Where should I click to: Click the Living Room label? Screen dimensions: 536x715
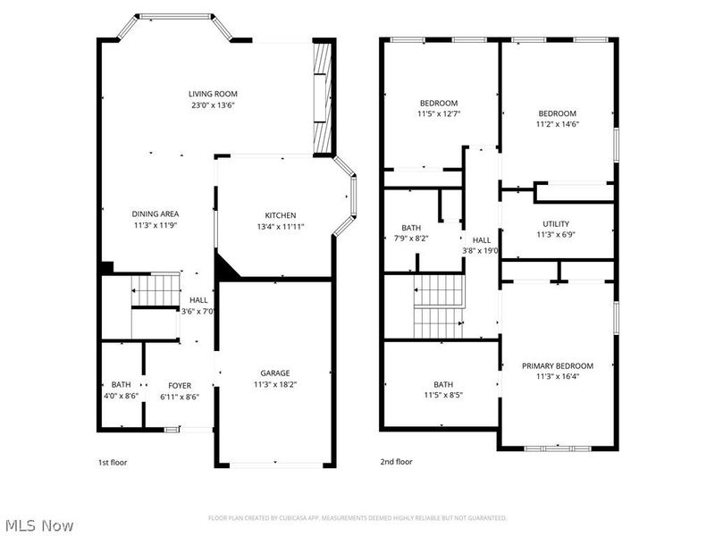click(213, 94)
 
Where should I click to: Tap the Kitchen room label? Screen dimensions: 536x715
click(280, 215)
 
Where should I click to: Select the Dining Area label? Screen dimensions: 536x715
click(156, 214)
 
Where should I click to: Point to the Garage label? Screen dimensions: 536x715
click(274, 373)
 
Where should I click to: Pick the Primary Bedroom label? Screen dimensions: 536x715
click(558, 365)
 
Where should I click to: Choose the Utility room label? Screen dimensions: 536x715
click(555, 224)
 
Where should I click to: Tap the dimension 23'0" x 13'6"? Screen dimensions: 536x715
click(213, 105)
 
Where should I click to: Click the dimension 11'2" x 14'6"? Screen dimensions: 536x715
click(557, 124)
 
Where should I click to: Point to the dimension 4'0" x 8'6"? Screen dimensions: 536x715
click(121, 396)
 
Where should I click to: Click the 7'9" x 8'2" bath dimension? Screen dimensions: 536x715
click(411, 239)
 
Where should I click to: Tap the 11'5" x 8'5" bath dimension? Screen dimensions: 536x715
click(443, 395)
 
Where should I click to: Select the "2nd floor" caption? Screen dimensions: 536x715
click(397, 463)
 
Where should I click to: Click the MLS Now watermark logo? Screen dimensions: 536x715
click(39, 525)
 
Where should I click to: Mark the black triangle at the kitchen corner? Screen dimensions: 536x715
click(224, 266)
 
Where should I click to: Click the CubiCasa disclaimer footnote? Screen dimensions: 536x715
click(357, 517)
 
